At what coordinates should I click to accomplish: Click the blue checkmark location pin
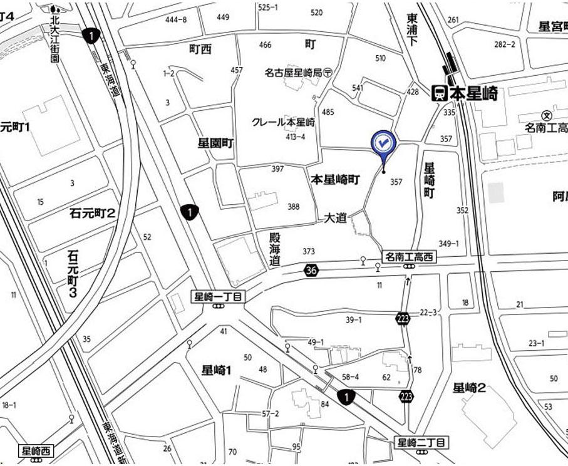point(382,143)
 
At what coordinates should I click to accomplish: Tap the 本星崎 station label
point(474,94)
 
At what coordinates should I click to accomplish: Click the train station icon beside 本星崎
point(439,94)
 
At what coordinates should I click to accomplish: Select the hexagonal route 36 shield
point(311,270)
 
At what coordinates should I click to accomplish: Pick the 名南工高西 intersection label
point(408,257)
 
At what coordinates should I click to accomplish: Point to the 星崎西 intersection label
point(38,450)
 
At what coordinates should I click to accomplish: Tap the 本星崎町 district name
point(336,180)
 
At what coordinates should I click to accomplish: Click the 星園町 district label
point(216,143)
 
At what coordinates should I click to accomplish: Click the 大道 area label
point(335,218)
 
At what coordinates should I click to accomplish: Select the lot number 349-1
point(448,244)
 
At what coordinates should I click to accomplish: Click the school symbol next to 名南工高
point(547,115)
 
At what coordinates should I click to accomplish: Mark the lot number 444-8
point(175,19)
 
